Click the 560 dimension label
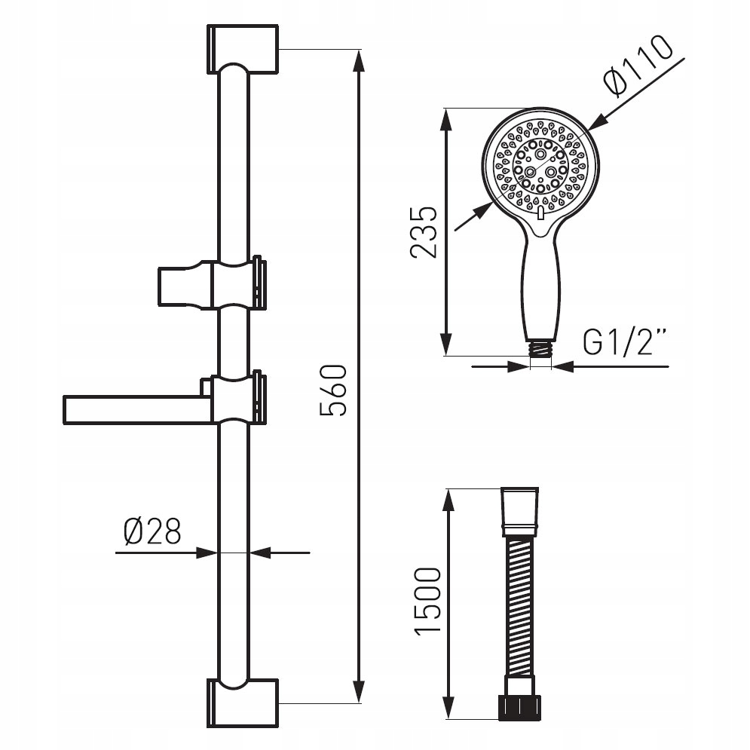[x=332, y=390]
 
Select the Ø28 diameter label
[x=152, y=531]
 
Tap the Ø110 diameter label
[x=638, y=66]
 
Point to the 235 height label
[x=424, y=232]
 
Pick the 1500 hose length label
[x=427, y=602]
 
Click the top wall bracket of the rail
[x=243, y=49]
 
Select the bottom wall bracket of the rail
[x=243, y=703]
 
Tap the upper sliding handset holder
[x=212, y=284]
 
